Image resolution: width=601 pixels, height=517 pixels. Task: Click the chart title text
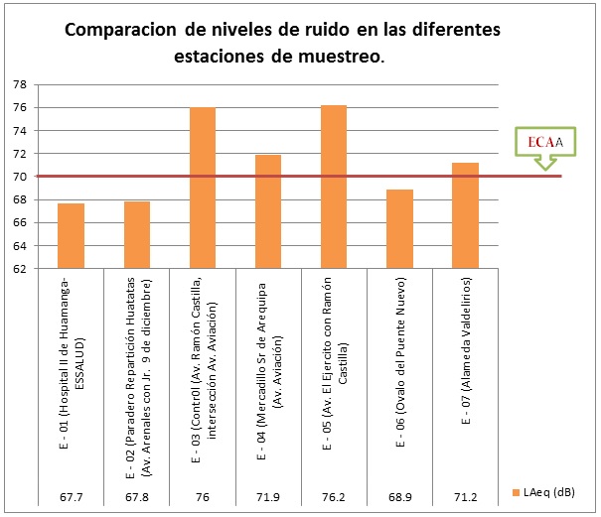tap(282, 43)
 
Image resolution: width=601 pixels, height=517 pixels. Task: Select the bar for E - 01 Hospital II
tap(71, 235)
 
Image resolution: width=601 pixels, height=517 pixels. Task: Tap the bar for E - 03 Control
tap(202, 188)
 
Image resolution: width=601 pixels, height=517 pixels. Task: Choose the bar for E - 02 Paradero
tap(136, 234)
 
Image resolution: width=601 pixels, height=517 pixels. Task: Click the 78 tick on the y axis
tap(19, 84)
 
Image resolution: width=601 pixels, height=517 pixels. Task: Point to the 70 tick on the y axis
tap(19, 177)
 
